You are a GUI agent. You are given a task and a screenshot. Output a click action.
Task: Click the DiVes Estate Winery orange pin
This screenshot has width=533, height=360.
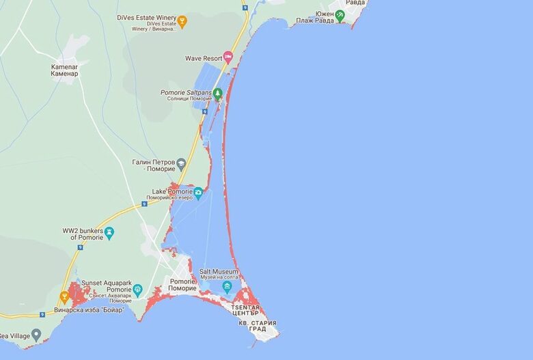(182, 21)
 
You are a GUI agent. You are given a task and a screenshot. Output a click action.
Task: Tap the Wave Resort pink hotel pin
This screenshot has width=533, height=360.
(228, 58)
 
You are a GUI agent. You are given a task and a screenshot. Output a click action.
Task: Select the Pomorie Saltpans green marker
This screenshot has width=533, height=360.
(217, 94)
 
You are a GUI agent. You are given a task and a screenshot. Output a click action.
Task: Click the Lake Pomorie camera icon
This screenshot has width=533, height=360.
(198, 193)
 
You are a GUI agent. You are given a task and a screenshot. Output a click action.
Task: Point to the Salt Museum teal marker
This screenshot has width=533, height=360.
(227, 286)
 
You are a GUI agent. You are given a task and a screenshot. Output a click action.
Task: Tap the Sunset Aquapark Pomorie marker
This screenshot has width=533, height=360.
(137, 290)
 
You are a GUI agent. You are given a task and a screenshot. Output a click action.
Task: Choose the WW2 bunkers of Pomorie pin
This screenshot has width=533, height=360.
(109, 234)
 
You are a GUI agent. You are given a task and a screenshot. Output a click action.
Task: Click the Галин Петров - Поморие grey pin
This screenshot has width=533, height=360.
(181, 164)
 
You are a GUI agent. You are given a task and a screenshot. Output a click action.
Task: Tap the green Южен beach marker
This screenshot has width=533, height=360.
(340, 13)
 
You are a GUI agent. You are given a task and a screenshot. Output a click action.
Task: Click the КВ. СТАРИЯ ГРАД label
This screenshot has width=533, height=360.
(258, 325)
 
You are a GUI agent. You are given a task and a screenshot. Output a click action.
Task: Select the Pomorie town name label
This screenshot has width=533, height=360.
(182, 285)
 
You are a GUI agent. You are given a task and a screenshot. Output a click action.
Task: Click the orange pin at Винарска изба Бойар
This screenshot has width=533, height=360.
(65, 297)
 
